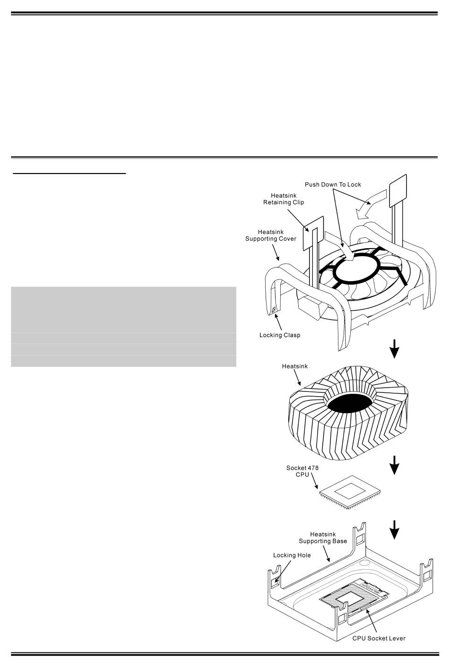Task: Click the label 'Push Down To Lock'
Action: (x=333, y=184)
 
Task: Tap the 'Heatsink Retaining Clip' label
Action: (x=284, y=199)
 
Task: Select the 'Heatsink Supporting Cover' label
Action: (x=270, y=235)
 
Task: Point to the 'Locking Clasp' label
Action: (x=280, y=335)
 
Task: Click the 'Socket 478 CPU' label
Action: (x=302, y=471)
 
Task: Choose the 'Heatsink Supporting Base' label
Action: (x=323, y=537)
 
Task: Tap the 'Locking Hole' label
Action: (x=292, y=555)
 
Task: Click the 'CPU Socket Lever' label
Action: (x=379, y=638)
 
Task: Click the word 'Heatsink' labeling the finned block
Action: (x=294, y=366)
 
